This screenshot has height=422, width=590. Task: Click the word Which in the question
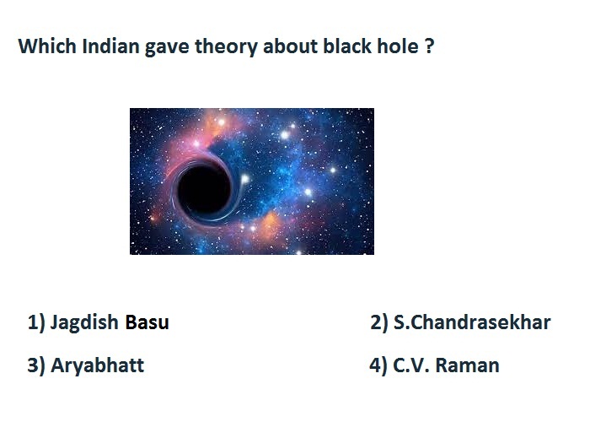pos(47,46)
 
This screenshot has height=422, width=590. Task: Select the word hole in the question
pos(398,46)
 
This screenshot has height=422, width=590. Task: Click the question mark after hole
pos(429,46)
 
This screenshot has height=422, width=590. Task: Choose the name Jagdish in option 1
pos(84,323)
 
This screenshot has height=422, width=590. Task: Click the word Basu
pos(147,322)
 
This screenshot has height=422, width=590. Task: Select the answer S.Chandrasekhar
pos(472,322)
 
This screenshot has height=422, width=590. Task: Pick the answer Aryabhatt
pos(97,366)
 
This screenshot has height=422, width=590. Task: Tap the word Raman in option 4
pos(467,365)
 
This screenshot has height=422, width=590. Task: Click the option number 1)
pos(36,323)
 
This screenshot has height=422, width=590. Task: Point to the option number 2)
pos(379,323)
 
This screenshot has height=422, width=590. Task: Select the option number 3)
pos(36,366)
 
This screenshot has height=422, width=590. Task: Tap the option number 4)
pos(378,366)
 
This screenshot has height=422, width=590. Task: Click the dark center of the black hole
pos(204,190)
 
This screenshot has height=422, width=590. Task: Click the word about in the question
pos(291,46)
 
